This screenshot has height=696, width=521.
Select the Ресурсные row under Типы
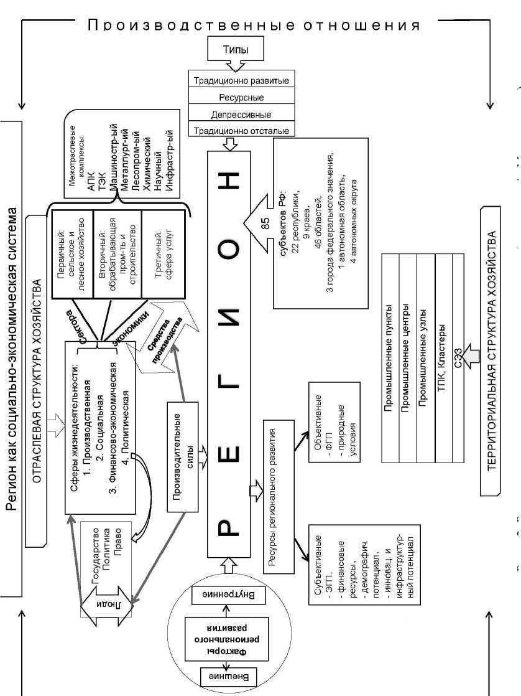pyautogui.click(x=241, y=98)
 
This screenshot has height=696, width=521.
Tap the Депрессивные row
pyautogui.click(x=241, y=115)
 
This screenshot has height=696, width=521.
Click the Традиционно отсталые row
pyautogui.click(x=241, y=131)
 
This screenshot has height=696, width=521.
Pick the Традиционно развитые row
pyautogui.click(x=241, y=81)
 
